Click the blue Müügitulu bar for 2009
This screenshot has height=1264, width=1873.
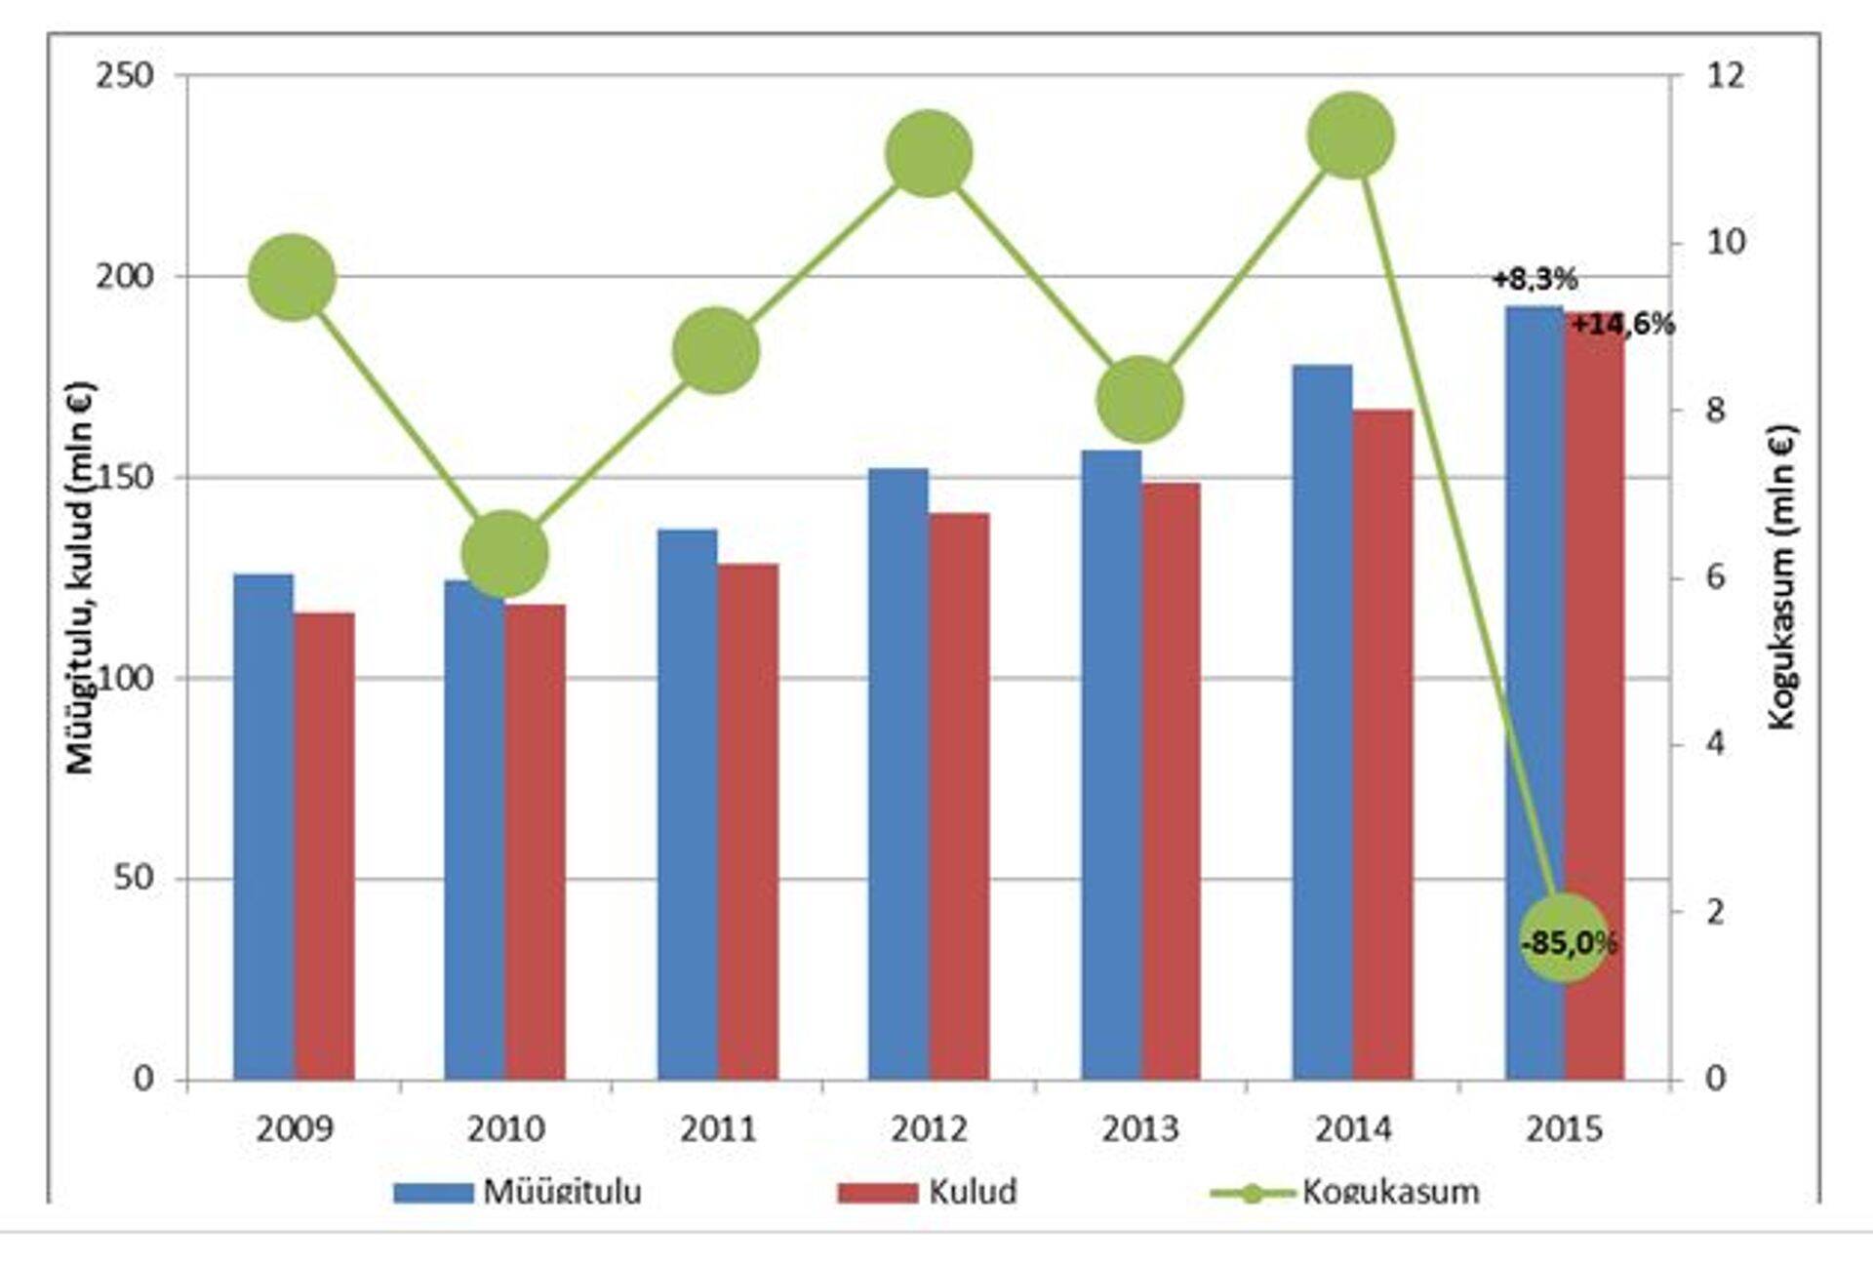(x=263, y=829)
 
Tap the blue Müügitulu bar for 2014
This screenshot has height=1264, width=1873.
(x=1323, y=722)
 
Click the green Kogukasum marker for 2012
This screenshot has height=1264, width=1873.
(x=929, y=153)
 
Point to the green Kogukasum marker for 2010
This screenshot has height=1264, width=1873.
(x=504, y=554)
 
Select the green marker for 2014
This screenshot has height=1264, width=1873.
(x=1351, y=136)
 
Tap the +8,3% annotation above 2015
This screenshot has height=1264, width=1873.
(x=1534, y=280)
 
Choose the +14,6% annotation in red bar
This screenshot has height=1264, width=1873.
(x=1622, y=325)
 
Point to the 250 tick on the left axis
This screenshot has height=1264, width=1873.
(x=126, y=76)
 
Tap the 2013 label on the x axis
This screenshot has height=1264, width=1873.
(x=1140, y=1129)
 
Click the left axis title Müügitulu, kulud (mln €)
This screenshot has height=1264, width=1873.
(x=80, y=577)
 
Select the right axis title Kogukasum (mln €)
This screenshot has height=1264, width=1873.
(x=1782, y=577)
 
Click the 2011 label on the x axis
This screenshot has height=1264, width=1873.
(x=718, y=1129)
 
